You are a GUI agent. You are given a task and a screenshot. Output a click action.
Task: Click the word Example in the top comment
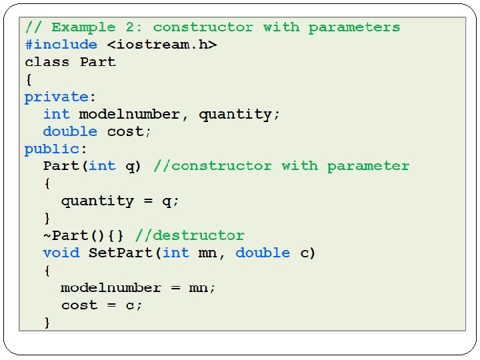click(83, 27)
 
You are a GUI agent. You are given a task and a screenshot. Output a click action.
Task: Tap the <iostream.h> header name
click(157, 45)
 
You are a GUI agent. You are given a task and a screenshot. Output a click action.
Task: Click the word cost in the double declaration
click(125, 131)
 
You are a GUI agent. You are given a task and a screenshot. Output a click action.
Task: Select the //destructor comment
click(190, 235)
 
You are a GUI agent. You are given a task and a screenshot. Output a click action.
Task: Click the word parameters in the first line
click(354, 27)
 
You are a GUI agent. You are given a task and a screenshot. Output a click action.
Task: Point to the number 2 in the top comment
click(130, 27)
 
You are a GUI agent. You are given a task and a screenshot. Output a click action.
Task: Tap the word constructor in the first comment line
click(203, 27)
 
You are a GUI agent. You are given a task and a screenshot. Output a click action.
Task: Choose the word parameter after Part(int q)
click(368, 166)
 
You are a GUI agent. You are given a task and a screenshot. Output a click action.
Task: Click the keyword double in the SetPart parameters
click(263, 253)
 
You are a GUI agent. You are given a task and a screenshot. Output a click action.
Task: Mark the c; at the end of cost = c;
click(134, 305)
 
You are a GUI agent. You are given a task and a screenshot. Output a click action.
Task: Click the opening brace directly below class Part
click(28, 79)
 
